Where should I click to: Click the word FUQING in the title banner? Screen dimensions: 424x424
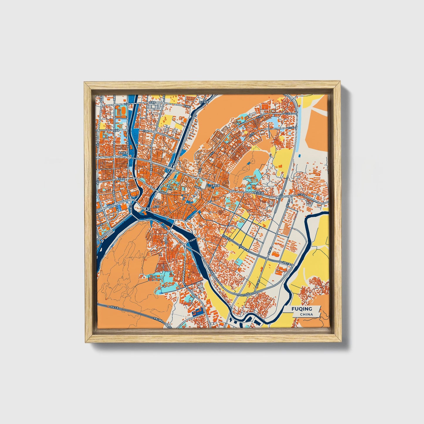pos(302,309)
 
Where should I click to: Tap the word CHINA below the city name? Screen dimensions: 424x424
pos(306,314)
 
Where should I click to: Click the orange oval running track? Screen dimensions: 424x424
pos(121,111)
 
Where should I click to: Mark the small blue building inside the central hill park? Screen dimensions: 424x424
pos(250,162)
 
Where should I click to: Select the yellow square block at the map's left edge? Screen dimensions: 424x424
pos(102,126)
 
